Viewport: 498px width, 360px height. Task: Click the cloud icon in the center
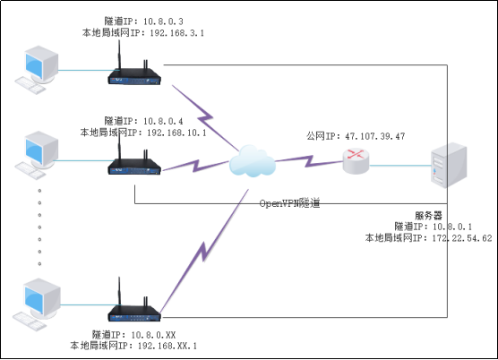tap(252, 162)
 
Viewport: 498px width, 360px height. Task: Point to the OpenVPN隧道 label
tap(289, 203)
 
